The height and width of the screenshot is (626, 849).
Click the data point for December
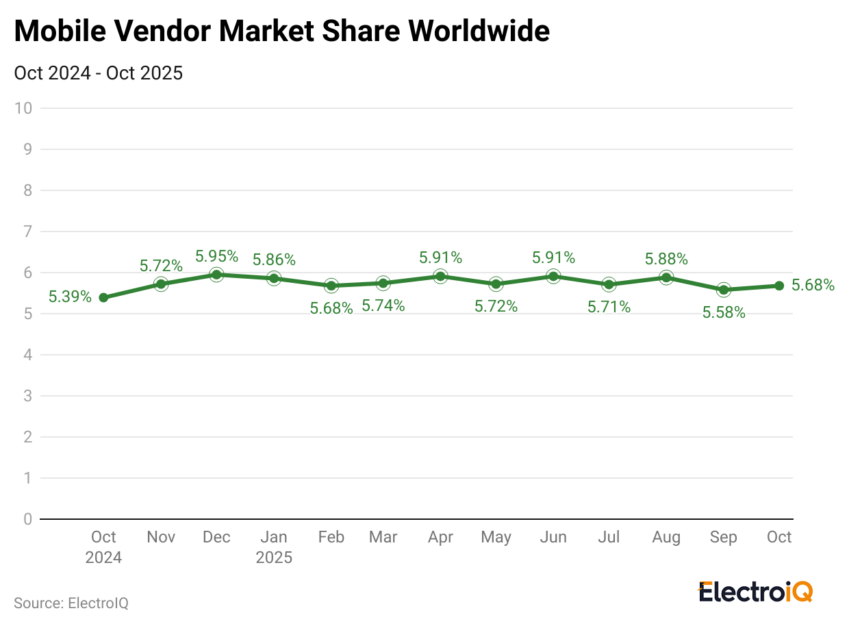[x=216, y=275]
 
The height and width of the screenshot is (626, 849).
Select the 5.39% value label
[x=70, y=297]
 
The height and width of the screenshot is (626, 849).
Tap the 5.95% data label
[x=216, y=256]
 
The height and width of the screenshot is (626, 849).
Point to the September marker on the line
[x=723, y=290]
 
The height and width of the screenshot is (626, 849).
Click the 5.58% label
[x=724, y=312]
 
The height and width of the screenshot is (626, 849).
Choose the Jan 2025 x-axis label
[x=274, y=547]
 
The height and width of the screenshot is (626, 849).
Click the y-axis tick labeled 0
[x=27, y=519]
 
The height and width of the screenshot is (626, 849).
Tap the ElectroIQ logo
[x=755, y=592]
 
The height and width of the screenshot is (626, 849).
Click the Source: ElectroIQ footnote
[x=71, y=603]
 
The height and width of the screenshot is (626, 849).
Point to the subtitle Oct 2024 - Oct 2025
[x=98, y=73]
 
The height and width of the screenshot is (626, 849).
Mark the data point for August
[x=666, y=277]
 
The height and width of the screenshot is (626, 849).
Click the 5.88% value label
[x=666, y=259]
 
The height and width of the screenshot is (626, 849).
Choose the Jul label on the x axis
[x=609, y=537]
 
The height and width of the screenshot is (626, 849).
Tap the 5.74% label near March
[x=383, y=306]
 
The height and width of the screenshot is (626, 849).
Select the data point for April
[x=440, y=276]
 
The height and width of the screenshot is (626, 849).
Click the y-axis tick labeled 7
[x=27, y=231]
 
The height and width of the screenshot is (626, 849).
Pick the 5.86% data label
[x=274, y=260]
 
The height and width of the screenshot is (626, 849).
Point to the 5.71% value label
[x=609, y=307]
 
